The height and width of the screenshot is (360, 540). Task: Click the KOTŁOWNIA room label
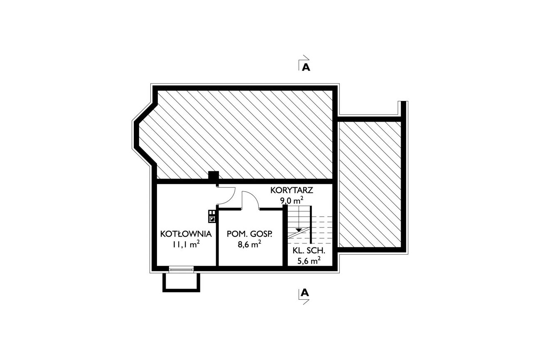[x=186, y=234]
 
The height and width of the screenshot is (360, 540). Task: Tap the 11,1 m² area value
[x=186, y=244]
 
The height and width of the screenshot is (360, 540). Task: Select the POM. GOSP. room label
[x=249, y=234]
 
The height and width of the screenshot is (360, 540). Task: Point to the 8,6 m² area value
[x=249, y=244]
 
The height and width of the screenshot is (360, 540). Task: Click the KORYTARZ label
[x=292, y=190]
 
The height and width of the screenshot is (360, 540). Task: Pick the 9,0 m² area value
[x=292, y=200]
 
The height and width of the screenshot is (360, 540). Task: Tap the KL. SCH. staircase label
[x=309, y=251]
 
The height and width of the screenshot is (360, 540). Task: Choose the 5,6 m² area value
[x=309, y=261]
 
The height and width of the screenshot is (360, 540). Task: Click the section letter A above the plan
[x=306, y=67]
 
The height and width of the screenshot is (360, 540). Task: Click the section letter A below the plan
[x=305, y=293]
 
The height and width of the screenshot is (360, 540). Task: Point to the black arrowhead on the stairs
[x=299, y=230]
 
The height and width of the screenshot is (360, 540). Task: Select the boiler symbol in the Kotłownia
[x=212, y=216]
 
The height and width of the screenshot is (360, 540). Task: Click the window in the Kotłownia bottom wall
[x=181, y=269]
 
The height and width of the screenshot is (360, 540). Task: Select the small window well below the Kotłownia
[x=181, y=282]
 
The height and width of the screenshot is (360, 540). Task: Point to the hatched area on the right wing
[x=370, y=184]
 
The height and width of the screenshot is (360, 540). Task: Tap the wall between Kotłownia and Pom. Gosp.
[x=217, y=237]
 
